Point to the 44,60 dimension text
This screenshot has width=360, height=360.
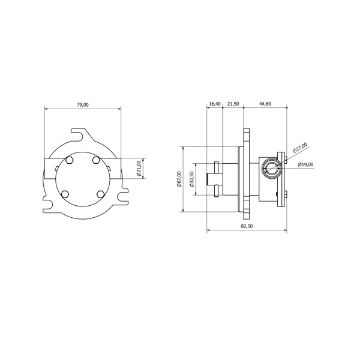[x=265, y=102]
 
